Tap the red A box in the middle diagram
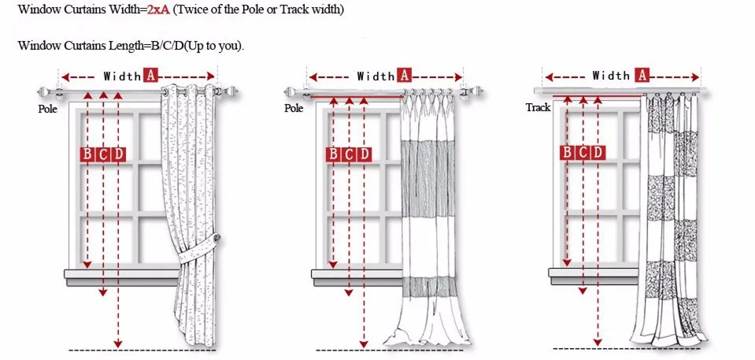(405, 76)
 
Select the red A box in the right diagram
(642, 76)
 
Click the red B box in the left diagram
(88, 154)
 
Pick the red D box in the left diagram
(118, 154)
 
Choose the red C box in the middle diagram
(349, 154)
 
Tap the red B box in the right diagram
(568, 153)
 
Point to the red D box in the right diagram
(598, 153)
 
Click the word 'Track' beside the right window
(538, 107)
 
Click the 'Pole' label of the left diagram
(48, 109)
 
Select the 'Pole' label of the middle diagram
(294, 108)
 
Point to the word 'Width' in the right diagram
(611, 76)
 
